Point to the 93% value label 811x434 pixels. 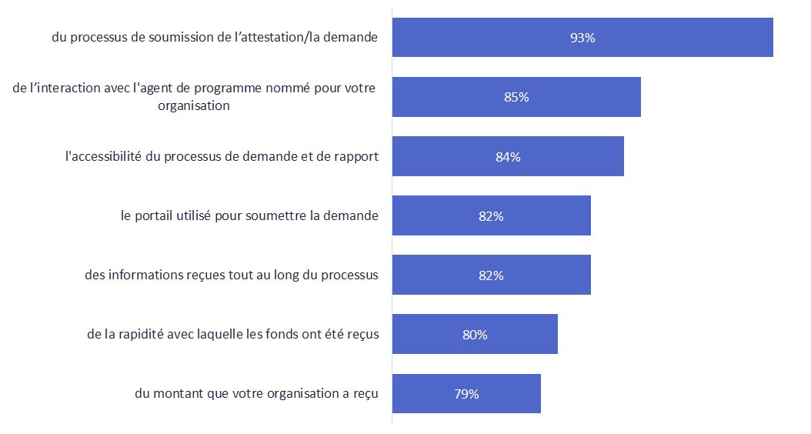click(582, 38)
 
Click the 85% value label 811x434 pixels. click(516, 97)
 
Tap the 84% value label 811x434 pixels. click(508, 157)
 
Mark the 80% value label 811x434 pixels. click(475, 335)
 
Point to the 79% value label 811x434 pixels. click(466, 394)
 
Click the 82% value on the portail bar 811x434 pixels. click(491, 216)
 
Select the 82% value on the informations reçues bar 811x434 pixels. click(491, 275)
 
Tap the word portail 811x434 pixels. click(158, 215)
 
